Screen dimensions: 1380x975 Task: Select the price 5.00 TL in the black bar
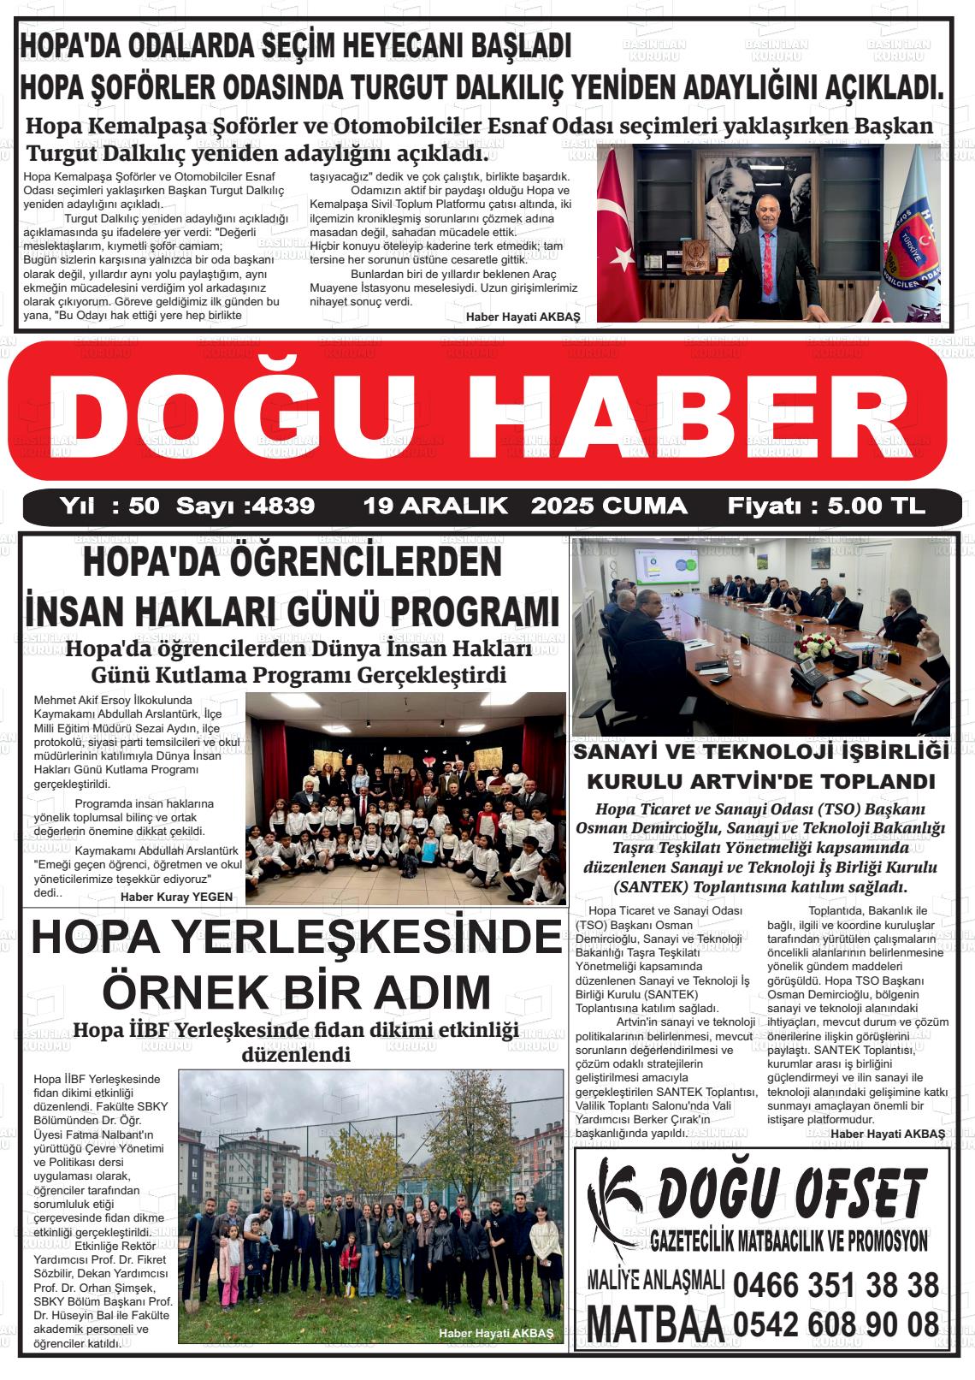877,506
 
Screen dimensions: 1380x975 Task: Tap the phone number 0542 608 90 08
836,1325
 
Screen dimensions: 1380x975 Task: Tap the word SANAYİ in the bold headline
617,753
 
